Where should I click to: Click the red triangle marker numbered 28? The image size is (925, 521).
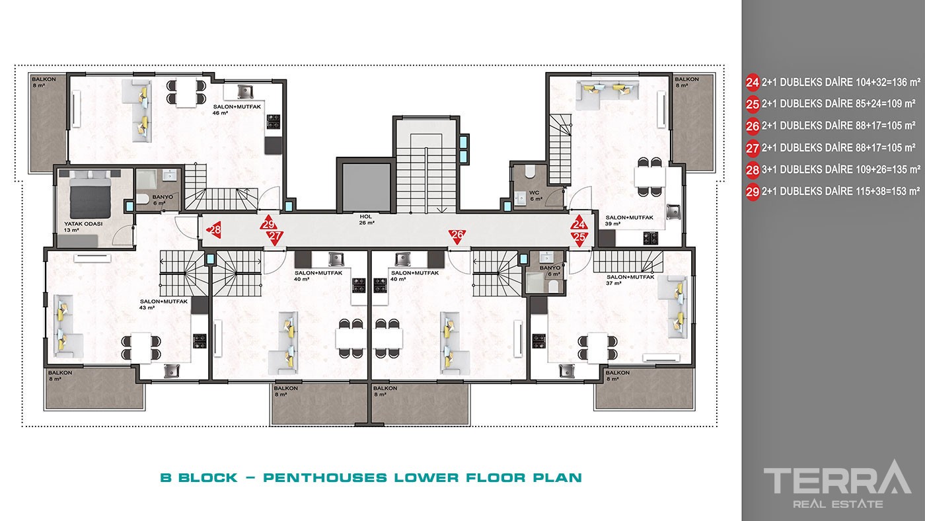click(214, 229)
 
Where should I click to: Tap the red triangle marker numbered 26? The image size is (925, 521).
click(457, 236)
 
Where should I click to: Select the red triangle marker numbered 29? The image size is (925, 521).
click(268, 222)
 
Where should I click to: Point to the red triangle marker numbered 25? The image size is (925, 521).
click(579, 239)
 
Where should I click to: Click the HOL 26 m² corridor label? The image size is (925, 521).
click(366, 220)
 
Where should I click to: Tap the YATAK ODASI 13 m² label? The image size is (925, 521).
click(83, 227)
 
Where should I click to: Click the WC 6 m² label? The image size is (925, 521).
click(536, 196)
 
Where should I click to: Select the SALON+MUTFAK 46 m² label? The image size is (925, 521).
click(237, 110)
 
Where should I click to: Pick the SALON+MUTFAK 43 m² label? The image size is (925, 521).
click(164, 305)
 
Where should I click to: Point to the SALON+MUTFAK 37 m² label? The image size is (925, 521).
click(630, 280)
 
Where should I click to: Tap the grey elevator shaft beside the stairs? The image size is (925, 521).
click(366, 187)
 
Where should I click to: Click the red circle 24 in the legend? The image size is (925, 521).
click(753, 83)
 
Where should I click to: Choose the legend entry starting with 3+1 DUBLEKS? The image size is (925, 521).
click(833, 170)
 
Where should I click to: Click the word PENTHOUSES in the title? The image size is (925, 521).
click(325, 477)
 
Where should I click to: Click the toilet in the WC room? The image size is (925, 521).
click(529, 171)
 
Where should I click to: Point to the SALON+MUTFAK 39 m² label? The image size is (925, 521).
click(629, 221)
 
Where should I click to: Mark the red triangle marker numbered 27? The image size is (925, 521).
click(275, 237)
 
